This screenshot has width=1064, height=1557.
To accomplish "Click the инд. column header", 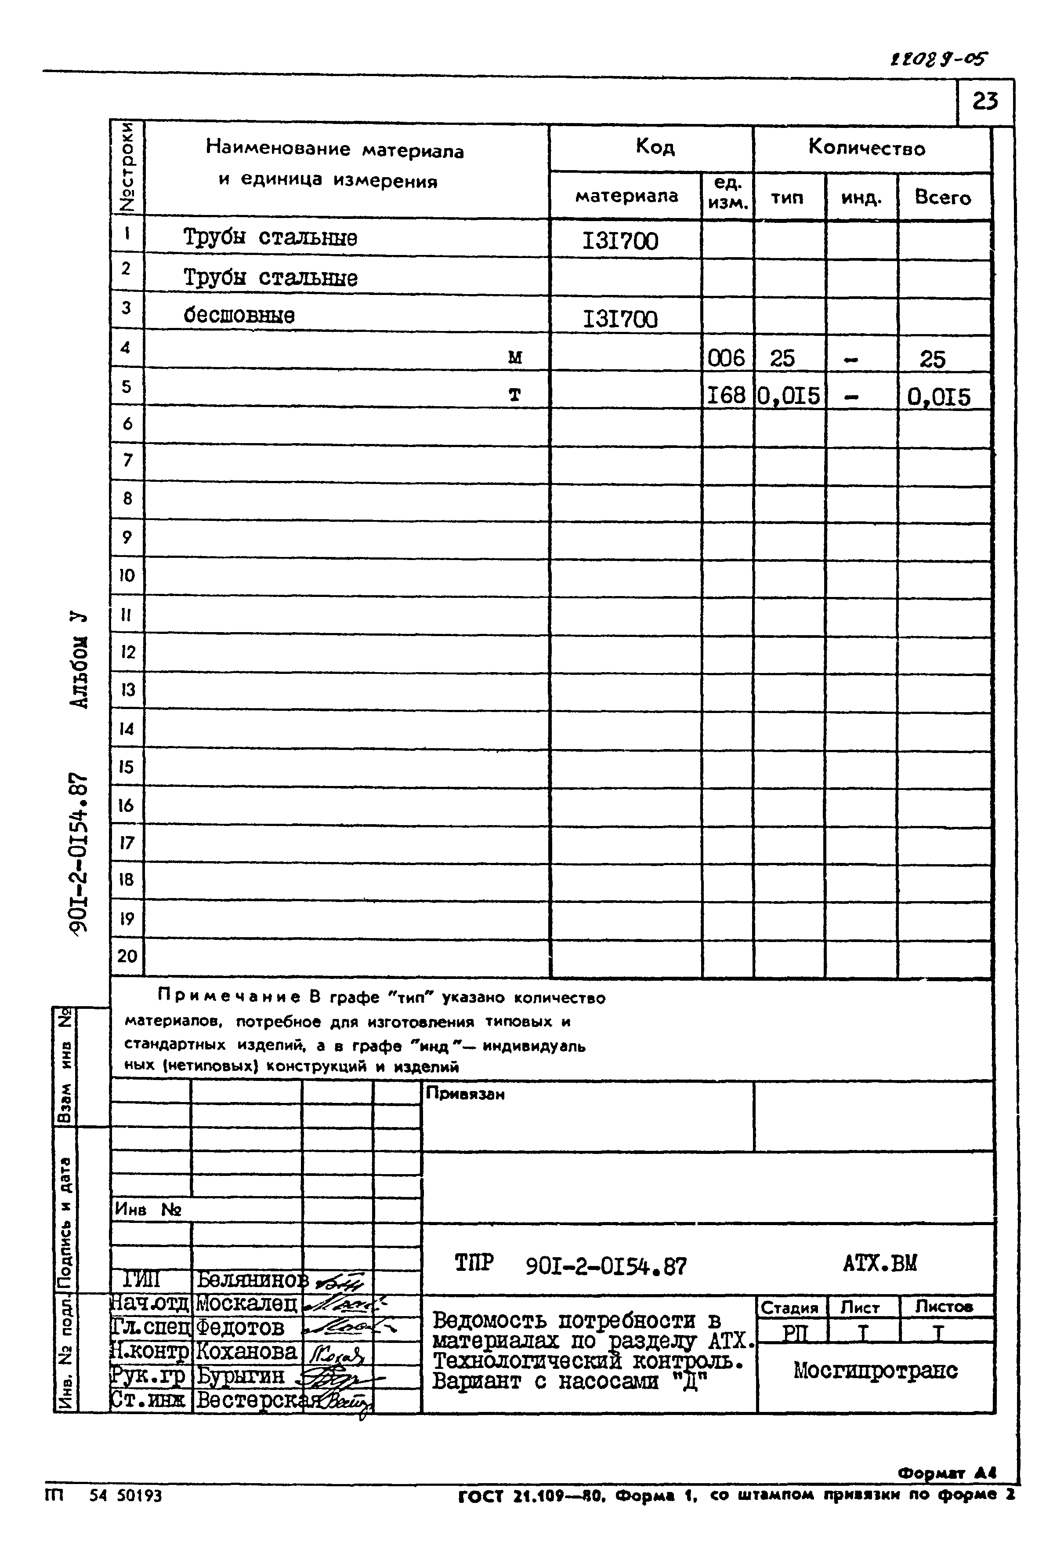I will pyautogui.click(x=861, y=198).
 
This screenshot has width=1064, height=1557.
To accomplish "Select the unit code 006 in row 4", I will pyautogui.click(x=727, y=358).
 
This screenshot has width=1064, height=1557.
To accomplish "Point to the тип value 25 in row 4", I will pyautogui.click(x=782, y=358).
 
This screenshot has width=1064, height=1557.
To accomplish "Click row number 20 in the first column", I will pyautogui.click(x=127, y=956).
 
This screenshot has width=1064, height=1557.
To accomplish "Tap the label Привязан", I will pyautogui.click(x=465, y=1094).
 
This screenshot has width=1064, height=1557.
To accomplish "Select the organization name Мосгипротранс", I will pyautogui.click(x=875, y=1371).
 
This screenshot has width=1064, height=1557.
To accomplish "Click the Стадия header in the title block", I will pyautogui.click(x=790, y=1307).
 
